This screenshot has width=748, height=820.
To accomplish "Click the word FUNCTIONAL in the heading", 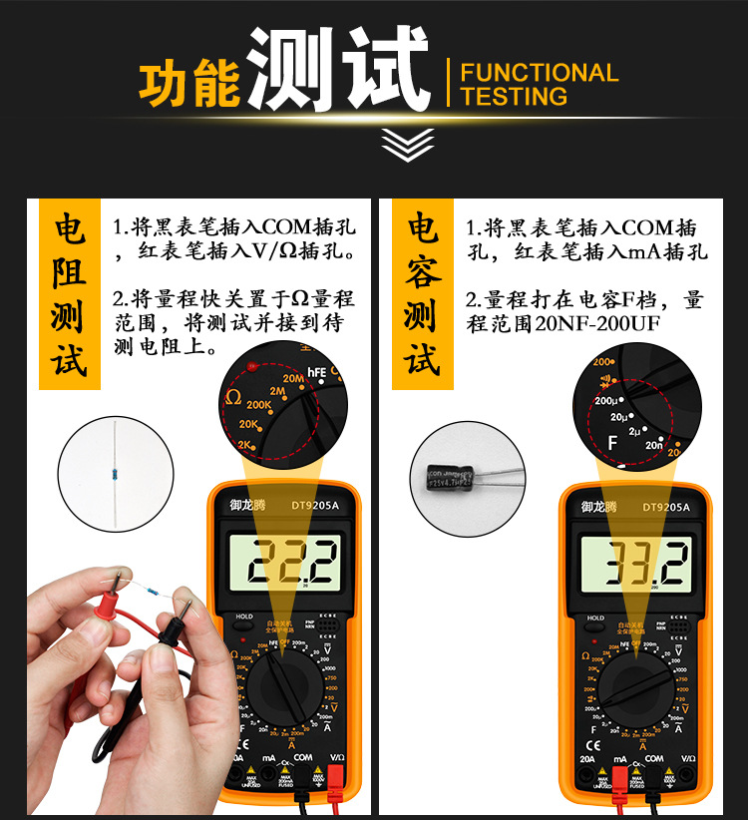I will tap(539, 73).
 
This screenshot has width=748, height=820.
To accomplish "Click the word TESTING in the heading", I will tap(514, 97).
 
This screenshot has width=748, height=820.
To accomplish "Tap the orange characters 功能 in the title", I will tap(189, 85).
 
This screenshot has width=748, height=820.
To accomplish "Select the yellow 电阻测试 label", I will tap(69, 295).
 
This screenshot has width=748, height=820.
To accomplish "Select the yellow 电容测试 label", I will tap(423, 295).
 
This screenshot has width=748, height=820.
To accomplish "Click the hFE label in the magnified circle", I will tap(316, 372).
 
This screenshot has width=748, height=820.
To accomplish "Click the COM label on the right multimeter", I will tap(654, 759).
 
